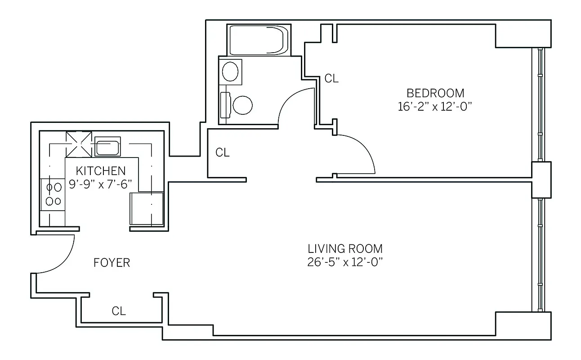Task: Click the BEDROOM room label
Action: [x=435, y=93]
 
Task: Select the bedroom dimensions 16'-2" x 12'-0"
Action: [x=436, y=108]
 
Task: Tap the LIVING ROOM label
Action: [x=345, y=248]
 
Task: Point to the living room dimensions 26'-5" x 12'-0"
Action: [x=345, y=262]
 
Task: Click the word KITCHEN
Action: [x=100, y=171]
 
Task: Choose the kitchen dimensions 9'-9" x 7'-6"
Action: [x=103, y=184]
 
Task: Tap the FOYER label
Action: [x=112, y=263]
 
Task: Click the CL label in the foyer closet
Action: [x=119, y=311]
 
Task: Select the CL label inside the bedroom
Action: [x=331, y=79]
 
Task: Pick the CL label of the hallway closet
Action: [x=222, y=153]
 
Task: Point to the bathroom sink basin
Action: [x=230, y=72]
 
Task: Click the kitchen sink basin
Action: [x=107, y=148]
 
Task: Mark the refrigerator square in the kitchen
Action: [x=147, y=209]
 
